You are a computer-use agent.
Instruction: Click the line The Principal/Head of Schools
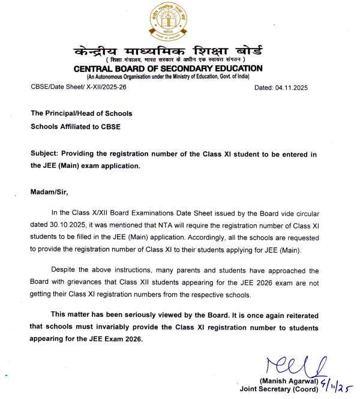(x=82, y=113)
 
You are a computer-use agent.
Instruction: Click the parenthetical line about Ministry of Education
(x=168, y=77)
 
